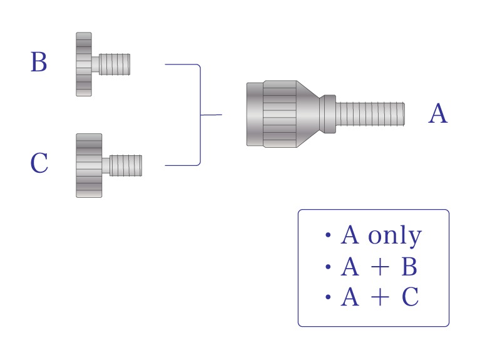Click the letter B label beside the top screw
(39, 62)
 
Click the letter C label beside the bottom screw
(39, 163)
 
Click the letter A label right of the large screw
(437, 113)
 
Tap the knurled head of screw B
(84, 64)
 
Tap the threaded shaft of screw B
(115, 64)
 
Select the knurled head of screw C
(89, 165)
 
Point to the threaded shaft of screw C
(126, 165)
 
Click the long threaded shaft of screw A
(370, 114)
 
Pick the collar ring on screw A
(327, 114)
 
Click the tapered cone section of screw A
(308, 114)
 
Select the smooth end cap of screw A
(255, 114)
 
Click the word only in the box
(395, 235)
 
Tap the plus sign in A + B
(380, 267)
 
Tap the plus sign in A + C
(380, 297)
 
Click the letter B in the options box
(409, 266)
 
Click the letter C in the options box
(410, 297)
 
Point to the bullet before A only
(328, 235)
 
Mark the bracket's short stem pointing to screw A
(212, 115)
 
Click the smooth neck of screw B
(95, 64)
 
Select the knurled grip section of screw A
(280, 114)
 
